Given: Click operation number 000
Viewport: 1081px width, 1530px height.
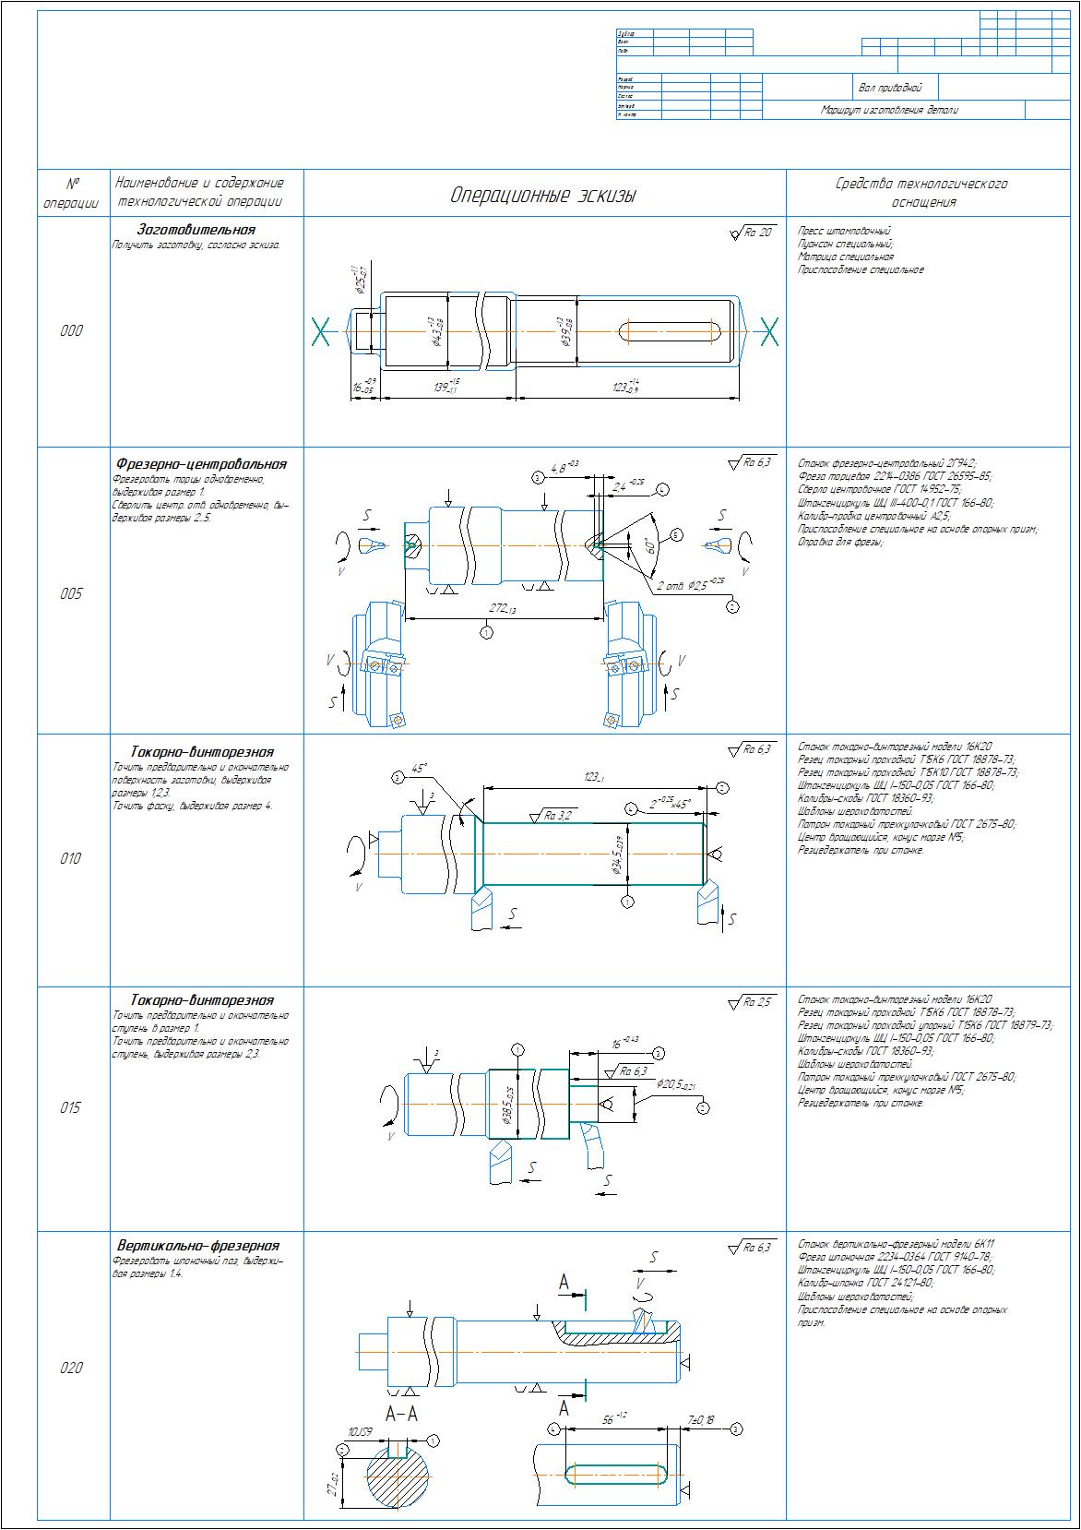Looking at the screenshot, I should pos(71,331).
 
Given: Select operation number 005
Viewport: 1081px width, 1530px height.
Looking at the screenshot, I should pos(71,593).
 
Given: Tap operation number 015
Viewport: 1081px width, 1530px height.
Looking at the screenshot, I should pos(71,1108).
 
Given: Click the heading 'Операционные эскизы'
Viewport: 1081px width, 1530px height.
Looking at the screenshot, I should pos(543,196).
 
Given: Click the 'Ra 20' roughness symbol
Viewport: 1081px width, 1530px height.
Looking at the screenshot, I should pos(752,233).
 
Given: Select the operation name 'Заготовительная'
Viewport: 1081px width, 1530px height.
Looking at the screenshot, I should pos(196,230).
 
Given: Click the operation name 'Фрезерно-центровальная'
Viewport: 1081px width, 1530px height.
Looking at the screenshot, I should pos(201,464).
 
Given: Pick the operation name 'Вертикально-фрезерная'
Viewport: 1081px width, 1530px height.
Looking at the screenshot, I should pos(197,1246).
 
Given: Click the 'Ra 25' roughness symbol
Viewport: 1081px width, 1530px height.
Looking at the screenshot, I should pos(752,1002).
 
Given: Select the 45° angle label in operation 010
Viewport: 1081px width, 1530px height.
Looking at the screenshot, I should pos(420,767).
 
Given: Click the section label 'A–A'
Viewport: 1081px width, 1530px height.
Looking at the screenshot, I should pos(401,1414).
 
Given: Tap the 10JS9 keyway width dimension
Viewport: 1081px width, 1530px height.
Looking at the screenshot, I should pos(359,1431).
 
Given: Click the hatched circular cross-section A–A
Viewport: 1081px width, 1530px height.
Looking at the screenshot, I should pos(398,1479).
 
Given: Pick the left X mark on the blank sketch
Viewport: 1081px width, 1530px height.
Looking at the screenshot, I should pos(321,331).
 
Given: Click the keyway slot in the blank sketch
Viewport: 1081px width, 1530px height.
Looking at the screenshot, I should pos(669,330).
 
